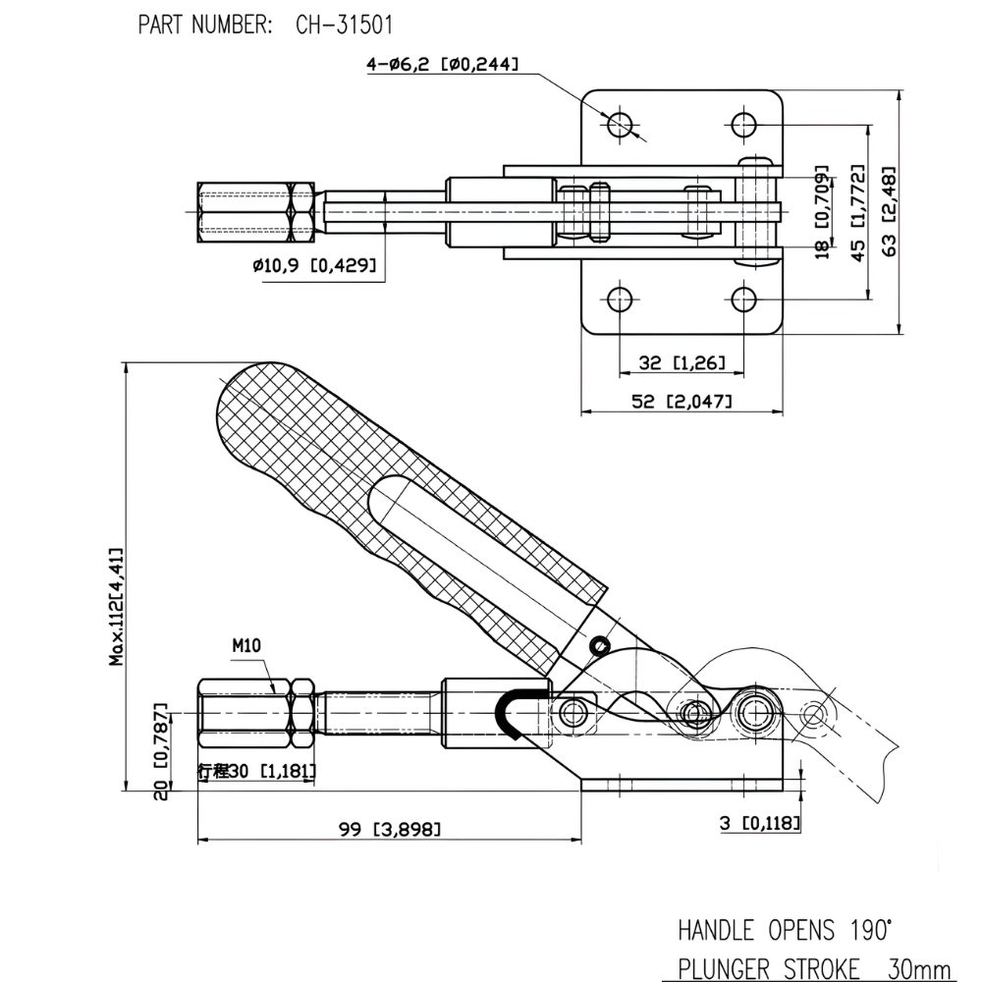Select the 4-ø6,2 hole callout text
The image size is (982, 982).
click(442, 66)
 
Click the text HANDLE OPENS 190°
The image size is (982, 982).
click(786, 929)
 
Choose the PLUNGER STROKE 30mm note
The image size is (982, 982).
click(814, 968)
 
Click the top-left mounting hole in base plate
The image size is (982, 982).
click(620, 125)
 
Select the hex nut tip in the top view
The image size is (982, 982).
click(255, 210)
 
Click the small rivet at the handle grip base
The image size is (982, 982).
click(600, 644)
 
